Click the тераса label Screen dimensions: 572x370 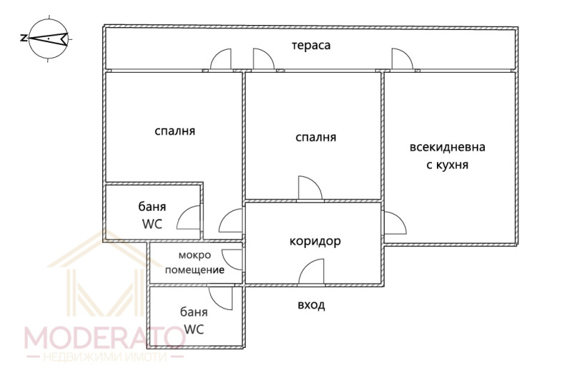click(311, 46)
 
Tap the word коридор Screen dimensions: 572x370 click(315, 241)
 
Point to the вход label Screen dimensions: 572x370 click(311, 305)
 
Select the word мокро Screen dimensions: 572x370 click(194, 255)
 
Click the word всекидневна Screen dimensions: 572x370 click(448, 147)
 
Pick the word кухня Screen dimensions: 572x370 click(452, 165)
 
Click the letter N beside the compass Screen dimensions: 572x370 click(24, 38)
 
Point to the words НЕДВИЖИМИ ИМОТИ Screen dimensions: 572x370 click(105, 356)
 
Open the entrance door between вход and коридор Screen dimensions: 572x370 click(311, 271)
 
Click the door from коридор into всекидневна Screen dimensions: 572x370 click(395, 223)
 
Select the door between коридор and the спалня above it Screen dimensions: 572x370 click(310, 188)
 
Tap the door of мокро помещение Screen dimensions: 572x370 click(232, 259)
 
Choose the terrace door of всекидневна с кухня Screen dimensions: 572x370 click(403, 59)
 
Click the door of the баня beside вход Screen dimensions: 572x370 click(220, 298)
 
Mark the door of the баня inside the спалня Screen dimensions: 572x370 click(189, 217)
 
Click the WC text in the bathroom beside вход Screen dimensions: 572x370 click(194, 329)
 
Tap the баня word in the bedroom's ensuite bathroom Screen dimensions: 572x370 click(152, 206)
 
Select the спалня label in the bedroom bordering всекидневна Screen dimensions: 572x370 click(315, 137)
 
